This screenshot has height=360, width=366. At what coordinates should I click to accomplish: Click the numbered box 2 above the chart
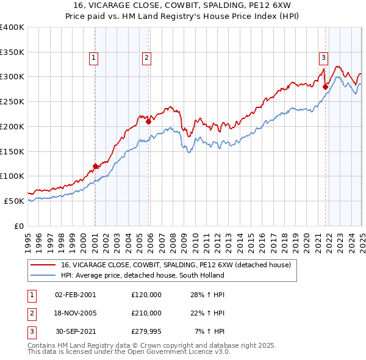[x=147, y=58]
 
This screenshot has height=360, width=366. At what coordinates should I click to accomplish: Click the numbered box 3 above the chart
[x=323, y=58]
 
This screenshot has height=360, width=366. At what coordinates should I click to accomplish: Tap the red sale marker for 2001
[x=96, y=166]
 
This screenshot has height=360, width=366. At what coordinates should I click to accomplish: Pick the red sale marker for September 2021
[x=325, y=87]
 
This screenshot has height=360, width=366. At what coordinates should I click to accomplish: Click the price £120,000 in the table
[x=146, y=294]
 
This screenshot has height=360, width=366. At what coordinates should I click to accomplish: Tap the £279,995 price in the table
[x=146, y=332]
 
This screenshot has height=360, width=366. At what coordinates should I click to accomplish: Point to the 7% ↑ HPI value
[x=210, y=332]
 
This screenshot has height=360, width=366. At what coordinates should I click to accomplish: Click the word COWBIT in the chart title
[x=139, y=5]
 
